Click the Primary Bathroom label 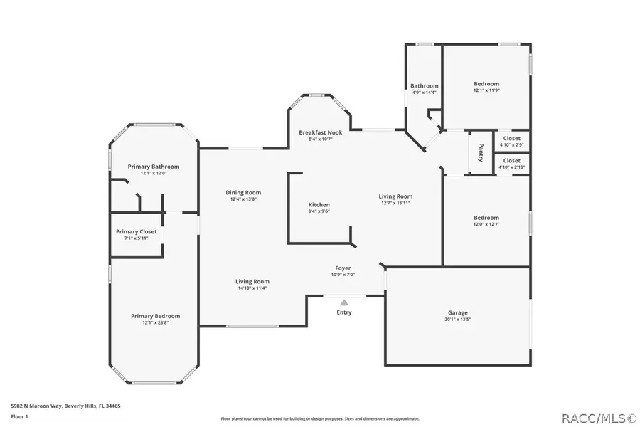154,167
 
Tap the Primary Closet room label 137,231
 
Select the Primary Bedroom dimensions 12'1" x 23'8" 155,322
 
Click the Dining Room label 243,192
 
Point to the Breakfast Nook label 320,132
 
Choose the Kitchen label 319,205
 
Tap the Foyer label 343,268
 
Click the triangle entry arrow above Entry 343,302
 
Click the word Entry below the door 343,312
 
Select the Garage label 457,312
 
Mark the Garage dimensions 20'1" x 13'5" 457,320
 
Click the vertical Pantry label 481,153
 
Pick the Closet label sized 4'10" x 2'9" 511,138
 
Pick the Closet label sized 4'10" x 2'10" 511,161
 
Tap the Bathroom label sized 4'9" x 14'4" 424,86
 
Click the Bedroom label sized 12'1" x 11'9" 486,84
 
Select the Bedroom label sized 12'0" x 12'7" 486,218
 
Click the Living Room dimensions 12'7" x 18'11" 395,203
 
